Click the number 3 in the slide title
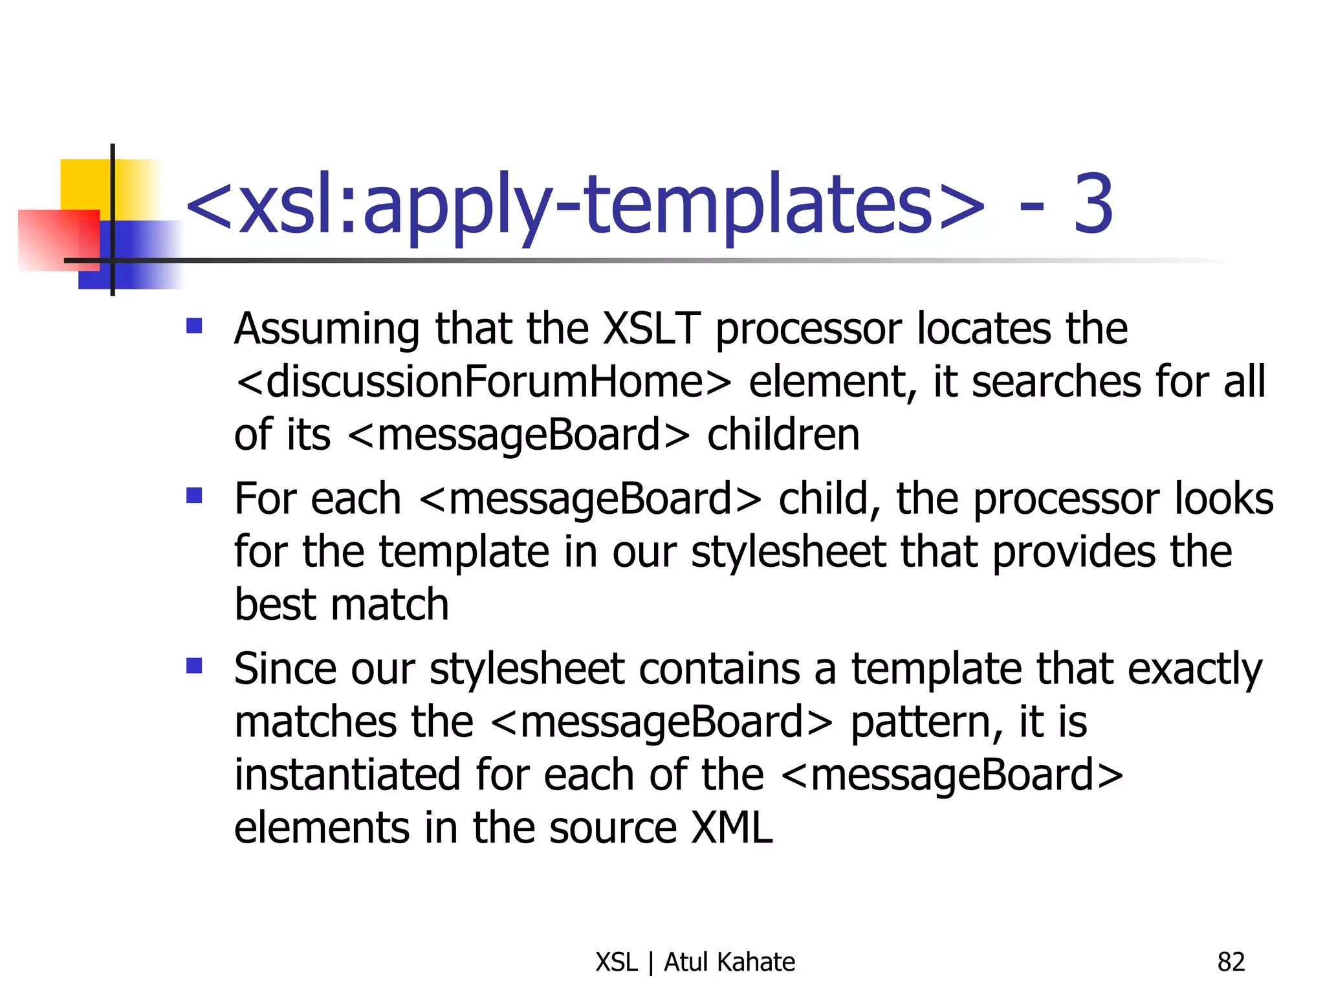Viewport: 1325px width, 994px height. coord(1093,204)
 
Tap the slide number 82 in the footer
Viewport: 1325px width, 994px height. coord(1231,962)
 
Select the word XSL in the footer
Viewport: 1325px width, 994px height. coord(617,962)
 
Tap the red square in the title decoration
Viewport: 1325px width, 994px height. coord(58,239)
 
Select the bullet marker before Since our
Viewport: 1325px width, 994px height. coord(194,665)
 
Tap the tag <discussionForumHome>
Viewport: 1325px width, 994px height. coord(483,382)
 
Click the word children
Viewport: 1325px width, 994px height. coord(783,435)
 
